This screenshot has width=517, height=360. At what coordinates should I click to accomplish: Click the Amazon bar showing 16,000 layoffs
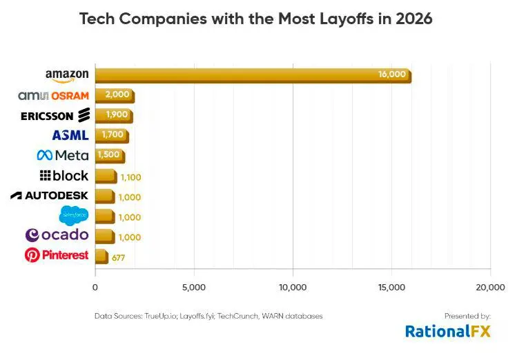[253, 75]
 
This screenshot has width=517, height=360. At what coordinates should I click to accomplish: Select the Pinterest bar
[101, 257]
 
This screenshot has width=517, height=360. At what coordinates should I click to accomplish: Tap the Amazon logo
[68, 75]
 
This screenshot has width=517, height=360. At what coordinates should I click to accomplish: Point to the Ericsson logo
[55, 115]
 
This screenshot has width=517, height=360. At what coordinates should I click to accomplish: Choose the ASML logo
[70, 135]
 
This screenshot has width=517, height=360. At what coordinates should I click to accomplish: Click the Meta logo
[63, 155]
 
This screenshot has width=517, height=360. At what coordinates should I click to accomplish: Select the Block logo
[64, 175]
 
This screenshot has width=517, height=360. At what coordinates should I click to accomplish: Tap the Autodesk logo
[49, 195]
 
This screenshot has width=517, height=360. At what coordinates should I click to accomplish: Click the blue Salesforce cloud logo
[74, 215]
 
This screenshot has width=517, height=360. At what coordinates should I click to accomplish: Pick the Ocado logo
[57, 235]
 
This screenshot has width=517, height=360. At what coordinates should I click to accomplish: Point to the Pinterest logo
[57, 255]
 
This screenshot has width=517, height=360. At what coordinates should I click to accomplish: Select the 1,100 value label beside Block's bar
[130, 177]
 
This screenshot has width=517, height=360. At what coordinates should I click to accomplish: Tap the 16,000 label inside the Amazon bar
[392, 74]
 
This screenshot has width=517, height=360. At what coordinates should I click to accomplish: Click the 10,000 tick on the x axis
[293, 286]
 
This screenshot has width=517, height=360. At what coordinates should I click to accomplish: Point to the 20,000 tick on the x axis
[490, 286]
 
